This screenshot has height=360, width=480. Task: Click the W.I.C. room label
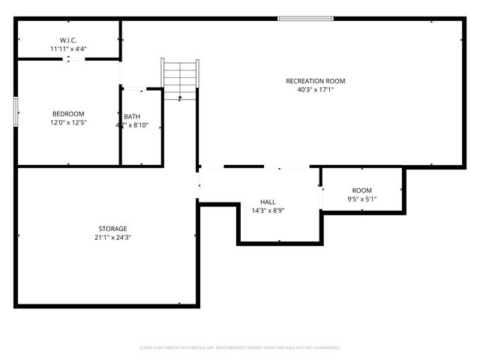(x=68, y=40)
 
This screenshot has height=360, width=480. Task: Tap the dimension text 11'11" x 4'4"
(x=68, y=49)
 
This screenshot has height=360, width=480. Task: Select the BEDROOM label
(x=67, y=114)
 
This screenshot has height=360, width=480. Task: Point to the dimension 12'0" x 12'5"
(x=67, y=123)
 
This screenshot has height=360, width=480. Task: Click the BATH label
(x=132, y=116)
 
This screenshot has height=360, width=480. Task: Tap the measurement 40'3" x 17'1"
(x=315, y=90)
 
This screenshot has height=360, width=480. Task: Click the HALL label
(x=268, y=202)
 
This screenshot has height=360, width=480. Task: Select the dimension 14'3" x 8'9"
(x=268, y=211)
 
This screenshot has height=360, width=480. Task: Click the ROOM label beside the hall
(x=362, y=190)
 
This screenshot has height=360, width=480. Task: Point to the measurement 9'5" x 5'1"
(x=362, y=199)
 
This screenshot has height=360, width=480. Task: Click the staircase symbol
(x=180, y=78)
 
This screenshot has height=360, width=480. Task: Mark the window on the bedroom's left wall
(x=16, y=113)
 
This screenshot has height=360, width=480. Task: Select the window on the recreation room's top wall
(x=304, y=19)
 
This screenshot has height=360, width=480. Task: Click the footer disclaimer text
(x=240, y=348)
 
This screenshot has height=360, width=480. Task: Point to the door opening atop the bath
(x=133, y=89)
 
